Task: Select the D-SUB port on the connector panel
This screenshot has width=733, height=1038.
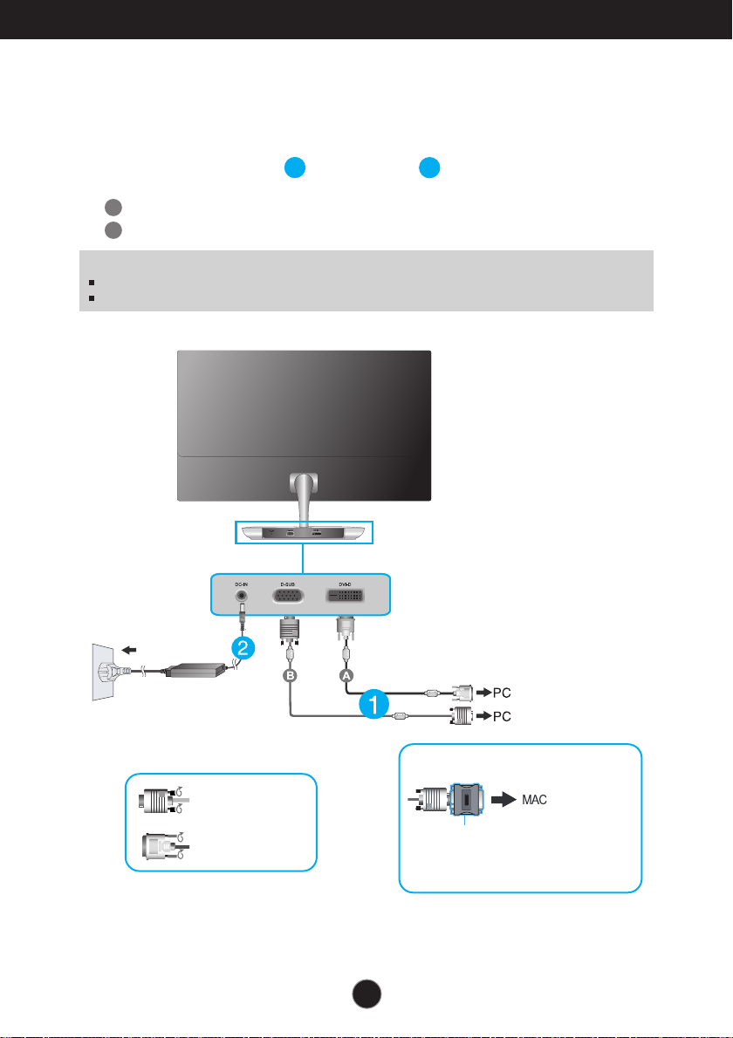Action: click(x=288, y=597)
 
